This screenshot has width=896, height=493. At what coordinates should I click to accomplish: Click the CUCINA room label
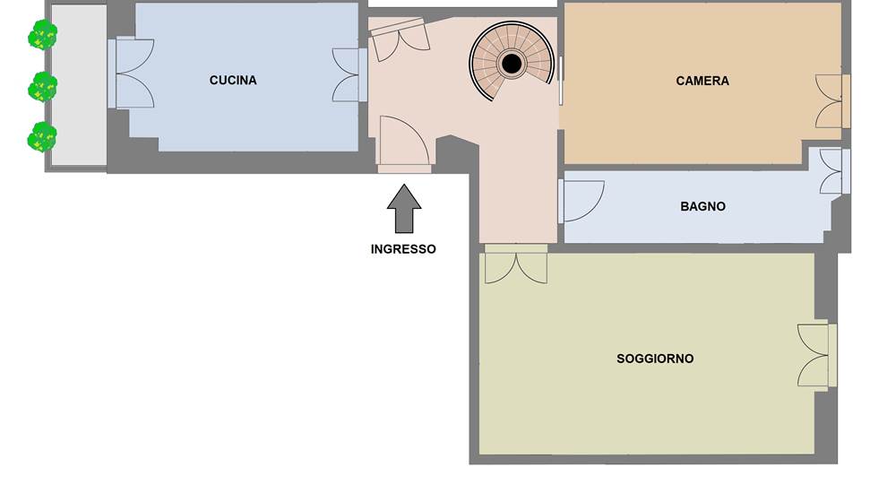[x=233, y=80]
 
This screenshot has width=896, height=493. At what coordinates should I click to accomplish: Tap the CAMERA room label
[x=702, y=82]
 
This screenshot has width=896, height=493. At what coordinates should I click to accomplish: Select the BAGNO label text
[x=702, y=206]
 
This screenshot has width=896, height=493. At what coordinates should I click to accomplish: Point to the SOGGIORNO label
[x=655, y=359]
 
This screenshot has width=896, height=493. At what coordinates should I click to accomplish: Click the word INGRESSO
[x=403, y=249]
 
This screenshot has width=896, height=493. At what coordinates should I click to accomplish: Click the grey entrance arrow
[x=404, y=209]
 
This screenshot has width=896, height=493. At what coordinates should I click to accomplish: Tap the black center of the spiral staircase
[x=512, y=63]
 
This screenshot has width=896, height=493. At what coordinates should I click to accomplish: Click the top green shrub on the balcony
[x=43, y=35]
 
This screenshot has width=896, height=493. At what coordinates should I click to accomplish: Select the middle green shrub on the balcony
[x=43, y=87]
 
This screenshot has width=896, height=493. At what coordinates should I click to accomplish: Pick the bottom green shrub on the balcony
[x=43, y=137]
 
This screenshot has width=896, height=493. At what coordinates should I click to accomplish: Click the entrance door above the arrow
[x=404, y=143]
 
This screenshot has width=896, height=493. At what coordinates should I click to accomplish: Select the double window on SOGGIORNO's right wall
[x=817, y=355]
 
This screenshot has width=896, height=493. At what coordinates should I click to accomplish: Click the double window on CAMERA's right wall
[x=832, y=101]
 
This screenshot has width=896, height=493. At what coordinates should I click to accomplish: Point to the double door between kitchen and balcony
[x=131, y=73]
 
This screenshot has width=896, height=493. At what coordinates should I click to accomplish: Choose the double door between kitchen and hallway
[x=349, y=75]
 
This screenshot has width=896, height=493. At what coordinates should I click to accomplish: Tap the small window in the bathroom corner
[x=834, y=171]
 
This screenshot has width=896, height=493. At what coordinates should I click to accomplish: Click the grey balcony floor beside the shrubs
[x=80, y=85]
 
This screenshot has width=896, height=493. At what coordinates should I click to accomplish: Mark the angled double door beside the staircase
[x=400, y=39]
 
